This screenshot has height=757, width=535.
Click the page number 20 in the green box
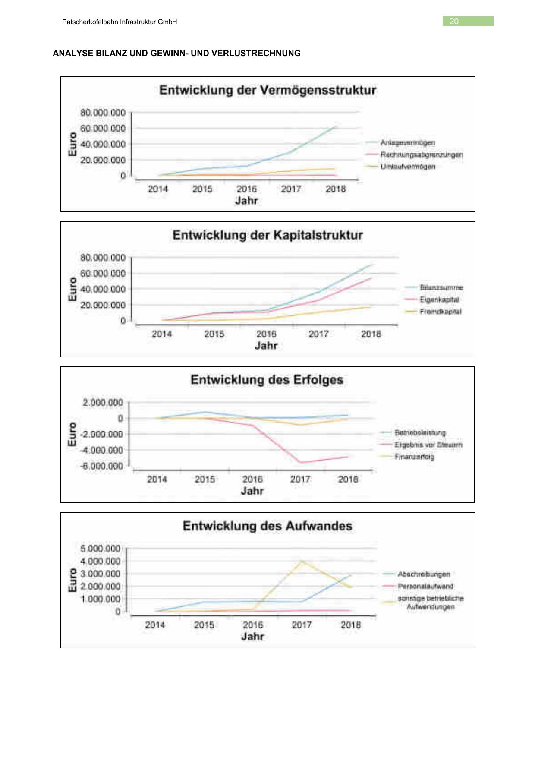click(454, 21)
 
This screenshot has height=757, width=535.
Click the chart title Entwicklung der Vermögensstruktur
click(267, 90)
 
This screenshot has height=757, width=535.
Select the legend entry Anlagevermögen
click(408, 142)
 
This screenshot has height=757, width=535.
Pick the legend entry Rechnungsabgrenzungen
click(422, 155)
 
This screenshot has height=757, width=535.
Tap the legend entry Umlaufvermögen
click(408, 167)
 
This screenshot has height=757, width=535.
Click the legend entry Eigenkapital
click(439, 300)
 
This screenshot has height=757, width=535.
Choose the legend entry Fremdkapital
click(440, 312)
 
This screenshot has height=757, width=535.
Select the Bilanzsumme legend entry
click(441, 287)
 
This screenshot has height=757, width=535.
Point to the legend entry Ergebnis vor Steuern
click(428, 445)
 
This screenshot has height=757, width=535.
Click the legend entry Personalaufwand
click(425, 586)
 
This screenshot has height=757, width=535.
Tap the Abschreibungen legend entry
click(424, 574)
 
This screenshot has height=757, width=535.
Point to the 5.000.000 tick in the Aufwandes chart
click(101, 549)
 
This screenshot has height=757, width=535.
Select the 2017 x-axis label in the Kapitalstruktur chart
click(318, 334)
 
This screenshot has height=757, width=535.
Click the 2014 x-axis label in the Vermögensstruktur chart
click(158, 189)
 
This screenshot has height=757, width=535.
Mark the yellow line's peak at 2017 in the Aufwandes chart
click(302, 561)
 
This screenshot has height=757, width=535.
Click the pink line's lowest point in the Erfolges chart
click(301, 463)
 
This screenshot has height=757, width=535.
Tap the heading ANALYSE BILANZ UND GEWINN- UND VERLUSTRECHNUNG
click(176, 53)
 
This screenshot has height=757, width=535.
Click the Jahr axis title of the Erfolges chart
click(252, 491)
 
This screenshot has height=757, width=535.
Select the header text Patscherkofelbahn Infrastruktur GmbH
click(120, 22)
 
